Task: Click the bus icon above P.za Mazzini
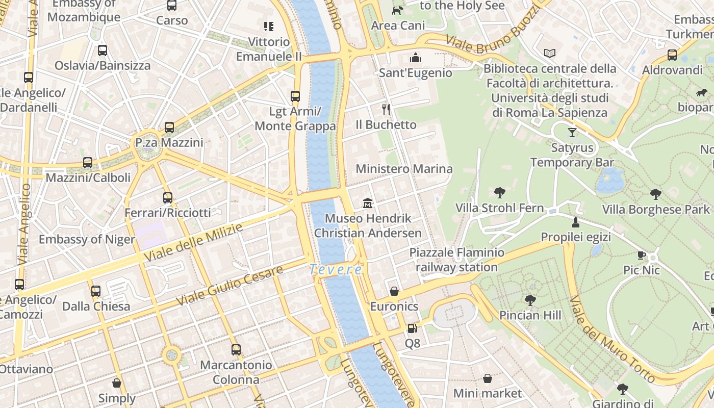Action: tap(169, 127)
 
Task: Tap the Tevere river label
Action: tap(336, 270)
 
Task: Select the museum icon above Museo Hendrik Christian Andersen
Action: tap(367, 203)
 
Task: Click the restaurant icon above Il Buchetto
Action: tap(386, 109)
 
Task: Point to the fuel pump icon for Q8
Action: tap(412, 328)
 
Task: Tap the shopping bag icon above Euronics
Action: tap(394, 291)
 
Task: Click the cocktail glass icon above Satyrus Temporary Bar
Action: tap(572, 133)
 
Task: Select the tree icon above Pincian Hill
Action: tap(530, 300)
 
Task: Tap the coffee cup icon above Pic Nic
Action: tap(641, 255)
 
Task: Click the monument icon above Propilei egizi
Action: tap(575, 222)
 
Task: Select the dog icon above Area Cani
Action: tap(397, 10)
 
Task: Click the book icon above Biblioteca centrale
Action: tap(550, 53)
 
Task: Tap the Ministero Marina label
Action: tap(404, 169)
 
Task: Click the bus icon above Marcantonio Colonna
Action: tap(236, 350)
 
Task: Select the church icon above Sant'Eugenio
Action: tap(416, 58)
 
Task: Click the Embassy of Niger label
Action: tap(87, 240)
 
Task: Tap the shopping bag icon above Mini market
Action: tap(488, 378)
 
